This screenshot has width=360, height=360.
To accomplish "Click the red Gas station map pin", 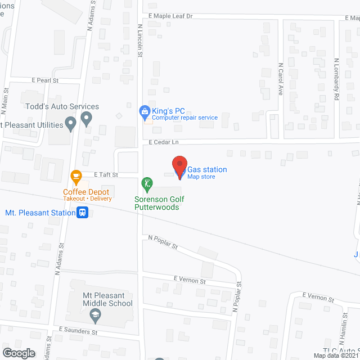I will pyautogui.click(x=179, y=167).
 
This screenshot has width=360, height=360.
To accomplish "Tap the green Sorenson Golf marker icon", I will pyautogui.click(x=146, y=183).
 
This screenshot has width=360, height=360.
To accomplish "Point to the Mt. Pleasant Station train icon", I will pyautogui.click(x=83, y=213).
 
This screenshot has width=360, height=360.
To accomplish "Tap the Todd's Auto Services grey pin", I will pyautogui.click(x=86, y=119).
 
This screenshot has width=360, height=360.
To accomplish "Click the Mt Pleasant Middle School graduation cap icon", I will pyautogui.click(x=96, y=316).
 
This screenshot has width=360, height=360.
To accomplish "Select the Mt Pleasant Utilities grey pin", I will pyautogui.click(x=70, y=123).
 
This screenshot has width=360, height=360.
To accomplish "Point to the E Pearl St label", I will pyautogui.click(x=45, y=80).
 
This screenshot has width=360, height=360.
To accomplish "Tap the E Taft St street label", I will pyautogui.click(x=105, y=175).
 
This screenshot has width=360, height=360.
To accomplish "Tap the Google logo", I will pyautogui.click(x=18, y=353).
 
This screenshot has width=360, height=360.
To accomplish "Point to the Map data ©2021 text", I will pyautogui.click(x=336, y=355).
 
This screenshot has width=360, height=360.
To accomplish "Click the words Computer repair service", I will pyautogui.click(x=184, y=118).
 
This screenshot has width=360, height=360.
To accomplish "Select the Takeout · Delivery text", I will pyautogui.click(x=87, y=199).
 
